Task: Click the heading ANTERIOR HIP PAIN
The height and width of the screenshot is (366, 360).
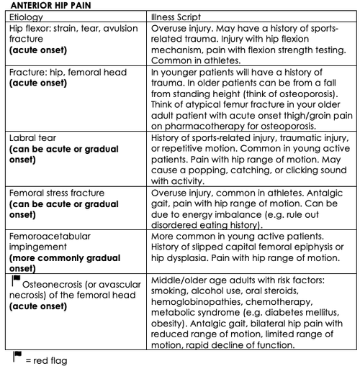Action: pyautogui.click(x=45, y=6)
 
